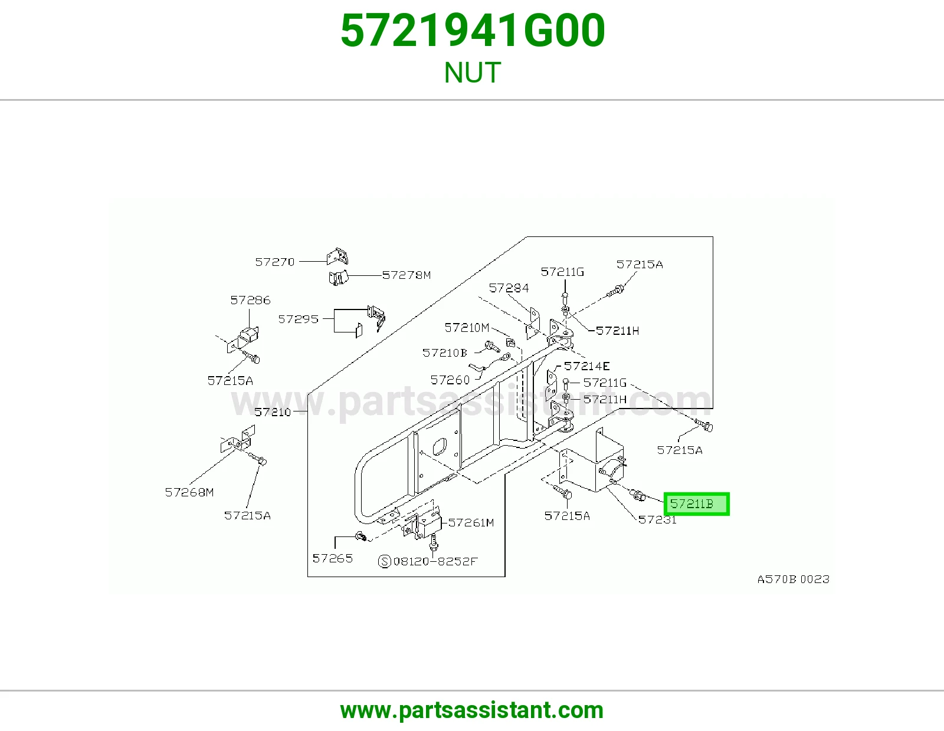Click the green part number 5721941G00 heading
473,31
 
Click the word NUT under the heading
472,73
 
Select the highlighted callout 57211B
696,504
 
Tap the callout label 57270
274,262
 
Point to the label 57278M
407,275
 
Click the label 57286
250,300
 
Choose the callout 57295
298,319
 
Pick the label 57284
509,288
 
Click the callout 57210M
467,327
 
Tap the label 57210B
444,353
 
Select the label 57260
450,380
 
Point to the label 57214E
586,366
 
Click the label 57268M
189,492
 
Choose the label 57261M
471,523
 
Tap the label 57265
332,558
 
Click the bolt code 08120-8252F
435,562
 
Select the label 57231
657,519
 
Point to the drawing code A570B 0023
794,579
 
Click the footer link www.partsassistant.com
472,710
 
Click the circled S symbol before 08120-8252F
385,562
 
